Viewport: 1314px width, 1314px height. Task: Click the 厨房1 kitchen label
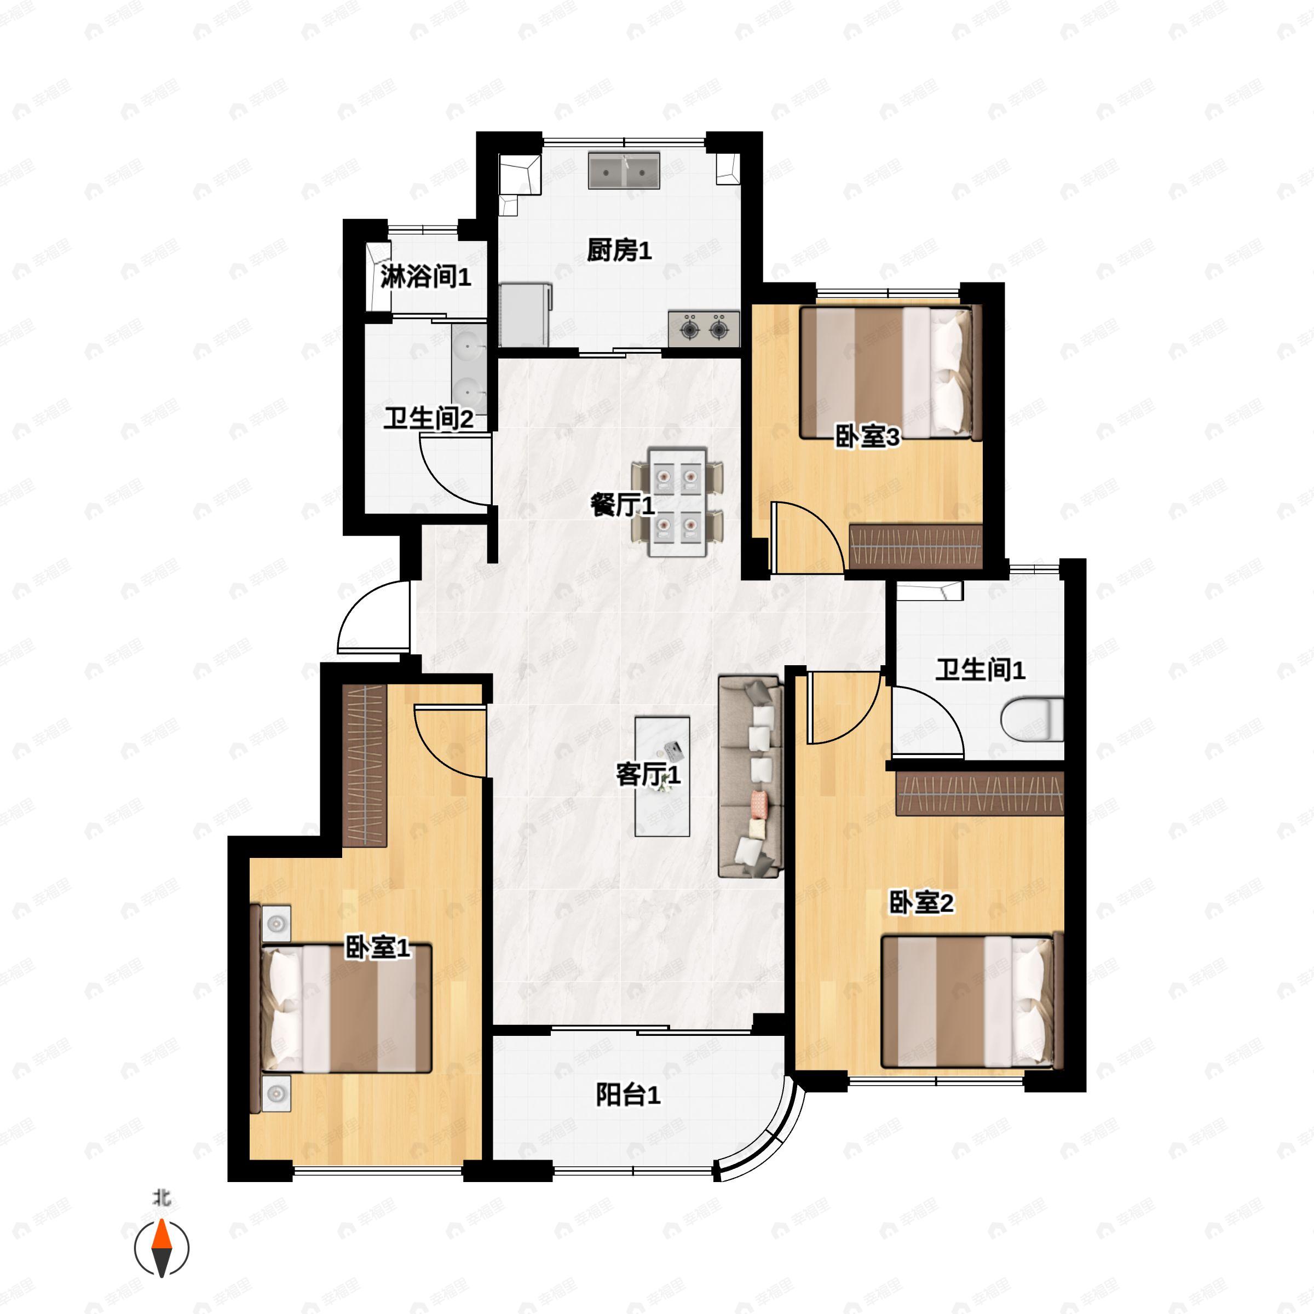click(x=619, y=251)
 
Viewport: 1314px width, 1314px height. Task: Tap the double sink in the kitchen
click(x=624, y=171)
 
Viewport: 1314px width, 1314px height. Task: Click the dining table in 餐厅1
click(x=677, y=502)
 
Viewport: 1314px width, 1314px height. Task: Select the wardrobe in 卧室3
click(x=915, y=547)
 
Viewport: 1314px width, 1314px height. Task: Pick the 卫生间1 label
click(x=979, y=670)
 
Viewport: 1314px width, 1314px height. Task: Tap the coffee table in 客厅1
click(x=662, y=776)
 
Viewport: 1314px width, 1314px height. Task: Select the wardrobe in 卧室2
click(x=979, y=794)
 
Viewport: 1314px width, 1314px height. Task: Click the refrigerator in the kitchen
click(x=525, y=315)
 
